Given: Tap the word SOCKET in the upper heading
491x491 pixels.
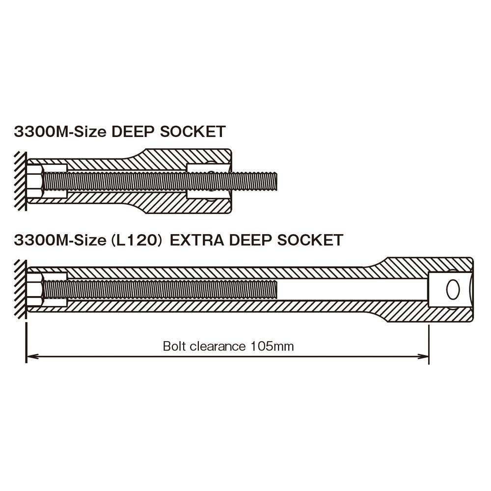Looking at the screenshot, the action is coord(192,132).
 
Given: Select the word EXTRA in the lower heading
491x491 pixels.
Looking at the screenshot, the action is coord(197,240).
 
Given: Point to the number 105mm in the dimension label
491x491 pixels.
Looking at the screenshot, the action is coord(272,346).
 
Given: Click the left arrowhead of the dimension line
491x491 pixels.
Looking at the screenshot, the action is coord(32,356).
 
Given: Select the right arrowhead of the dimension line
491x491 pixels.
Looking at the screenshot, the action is coord(422,356).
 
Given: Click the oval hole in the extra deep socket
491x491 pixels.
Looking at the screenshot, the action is coord(453,289).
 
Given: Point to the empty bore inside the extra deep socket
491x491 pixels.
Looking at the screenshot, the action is coord(352,290).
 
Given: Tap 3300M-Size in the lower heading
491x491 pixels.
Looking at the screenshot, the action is coord(60,240).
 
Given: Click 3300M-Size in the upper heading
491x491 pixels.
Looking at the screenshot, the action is coord(60,132).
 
